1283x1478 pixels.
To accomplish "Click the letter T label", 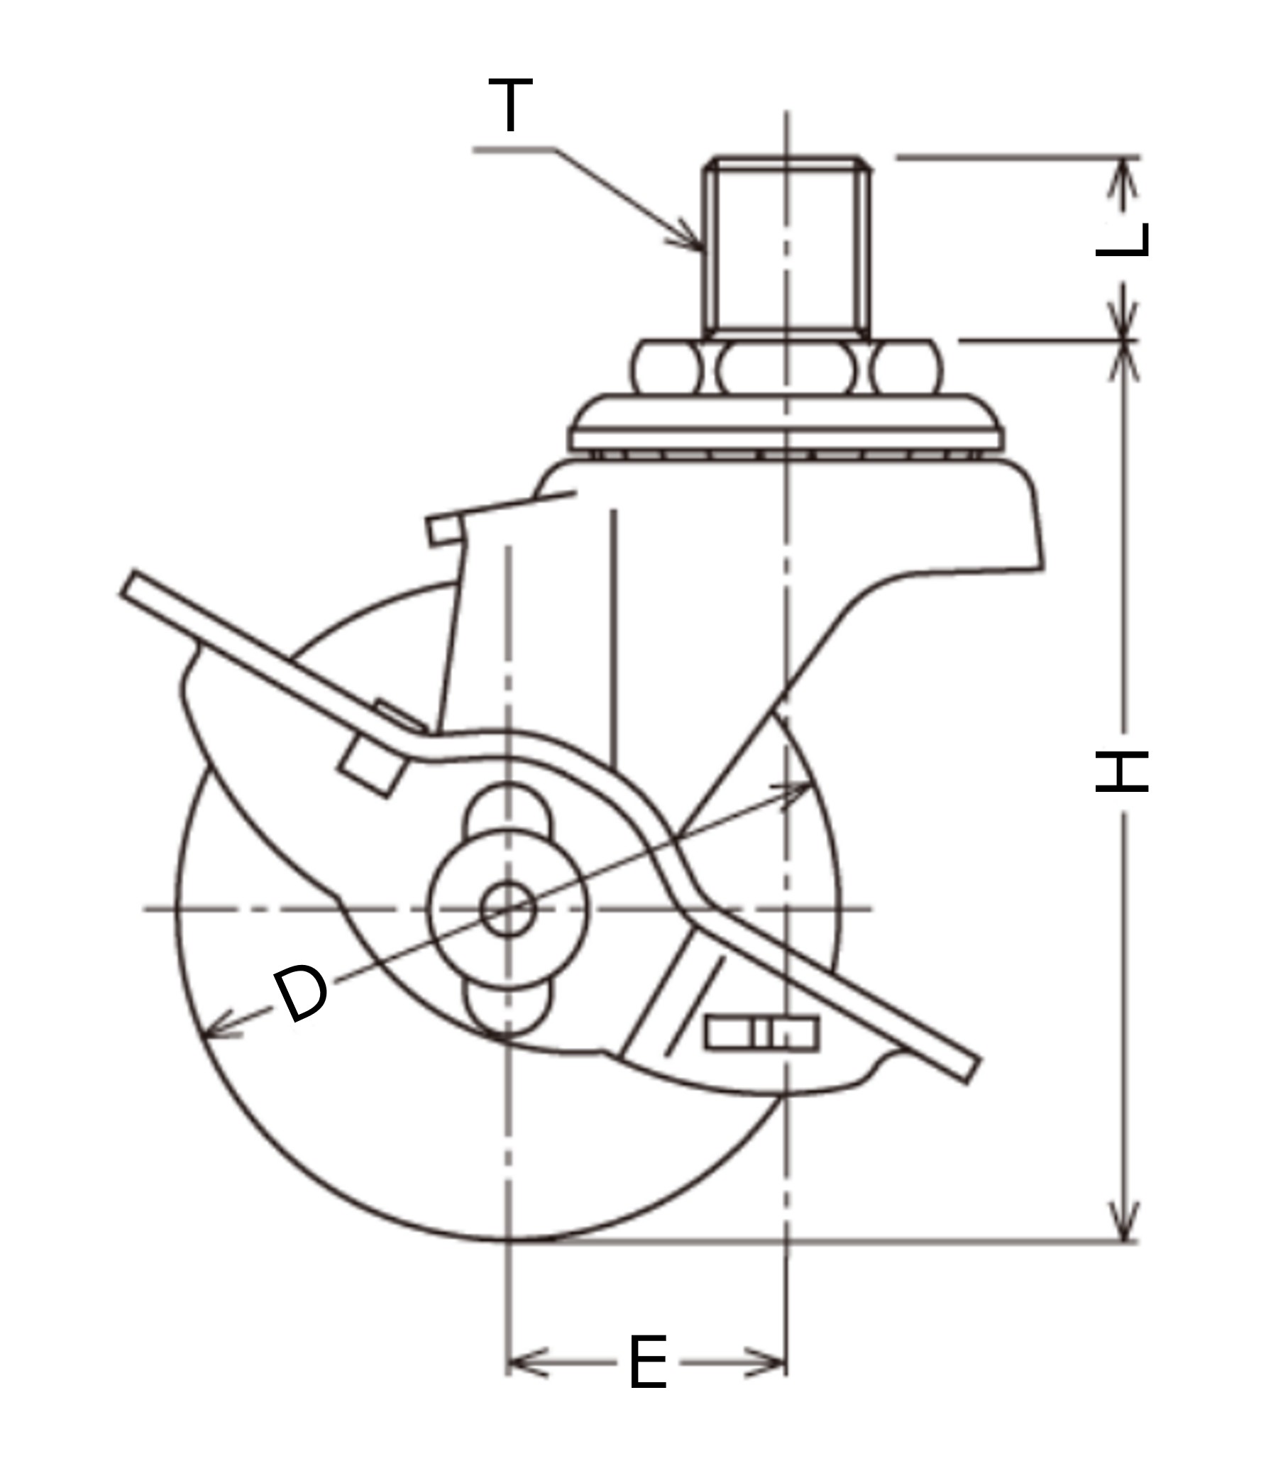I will [510, 105].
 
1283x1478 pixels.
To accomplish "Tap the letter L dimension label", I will [1122, 240].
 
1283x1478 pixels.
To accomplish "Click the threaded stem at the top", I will [786, 247].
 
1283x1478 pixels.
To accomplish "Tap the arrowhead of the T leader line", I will [695, 243].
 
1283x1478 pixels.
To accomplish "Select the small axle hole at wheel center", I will [507, 909].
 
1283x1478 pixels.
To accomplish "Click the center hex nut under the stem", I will [786, 368].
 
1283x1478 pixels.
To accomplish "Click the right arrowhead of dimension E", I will [776, 1362].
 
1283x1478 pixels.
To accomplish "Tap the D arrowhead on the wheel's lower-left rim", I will [212, 1032].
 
